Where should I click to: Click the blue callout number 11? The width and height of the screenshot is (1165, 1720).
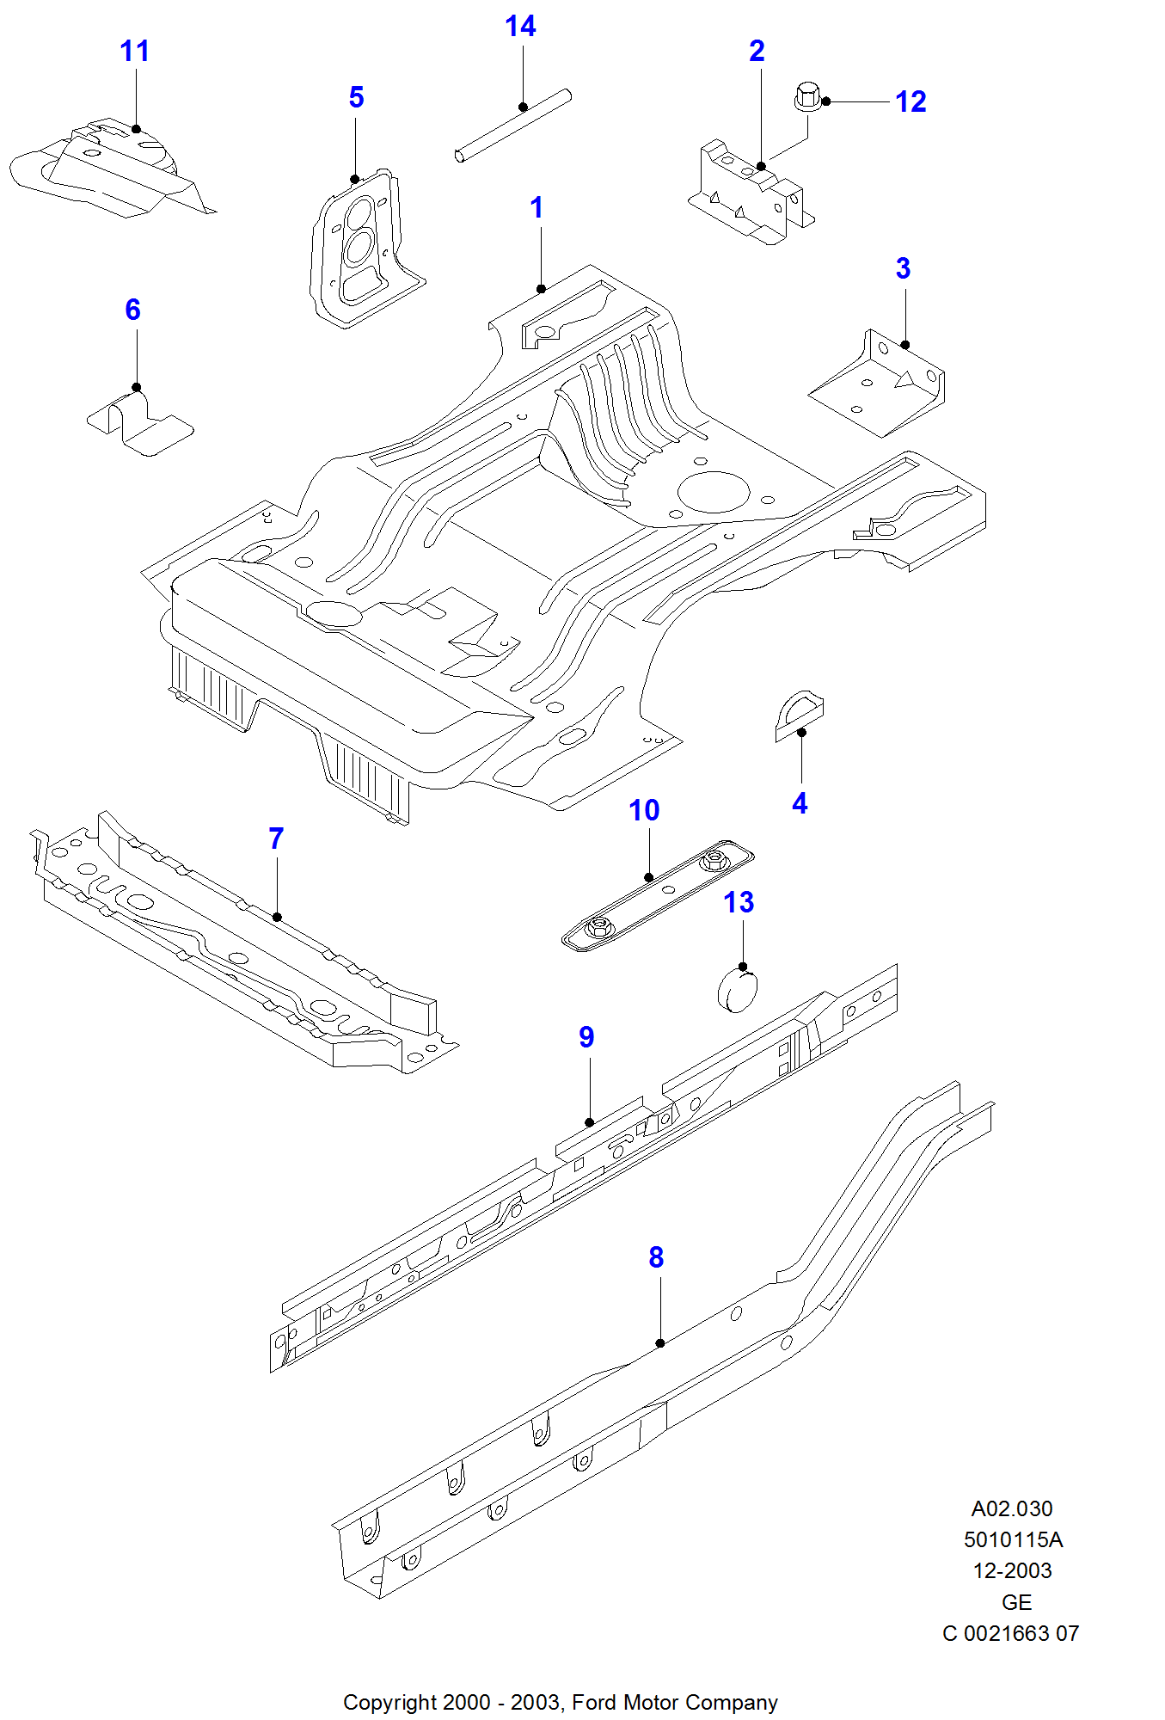(x=134, y=52)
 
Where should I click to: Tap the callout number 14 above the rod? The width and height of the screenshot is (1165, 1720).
(x=520, y=27)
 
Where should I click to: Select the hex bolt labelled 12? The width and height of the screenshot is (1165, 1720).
(x=807, y=95)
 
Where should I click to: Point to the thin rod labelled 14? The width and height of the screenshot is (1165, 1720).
(x=513, y=126)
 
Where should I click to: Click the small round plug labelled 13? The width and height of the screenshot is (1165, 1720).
(x=737, y=990)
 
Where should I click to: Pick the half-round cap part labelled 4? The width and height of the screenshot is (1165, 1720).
(x=799, y=713)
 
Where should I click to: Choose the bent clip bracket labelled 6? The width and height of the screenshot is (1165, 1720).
(x=140, y=424)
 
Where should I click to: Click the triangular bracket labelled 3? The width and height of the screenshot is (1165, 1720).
(x=878, y=384)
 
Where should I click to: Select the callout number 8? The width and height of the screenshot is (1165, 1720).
(x=656, y=1257)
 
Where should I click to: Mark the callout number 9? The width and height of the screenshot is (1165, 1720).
(x=586, y=1037)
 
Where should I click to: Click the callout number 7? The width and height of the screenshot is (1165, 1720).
(x=276, y=838)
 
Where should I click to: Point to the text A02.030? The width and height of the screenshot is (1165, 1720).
(x=1011, y=1508)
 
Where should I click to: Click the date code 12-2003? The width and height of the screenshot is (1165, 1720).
(x=1012, y=1570)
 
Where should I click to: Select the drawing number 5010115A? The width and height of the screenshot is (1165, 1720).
(x=1013, y=1539)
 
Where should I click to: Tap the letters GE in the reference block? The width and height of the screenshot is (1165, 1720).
(x=1016, y=1602)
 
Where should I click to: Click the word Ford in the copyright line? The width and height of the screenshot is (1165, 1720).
(x=595, y=1702)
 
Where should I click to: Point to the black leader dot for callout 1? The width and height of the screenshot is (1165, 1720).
(x=541, y=289)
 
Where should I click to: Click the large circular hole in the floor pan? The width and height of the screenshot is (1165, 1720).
(x=713, y=492)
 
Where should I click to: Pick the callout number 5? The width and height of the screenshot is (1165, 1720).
(x=356, y=97)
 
